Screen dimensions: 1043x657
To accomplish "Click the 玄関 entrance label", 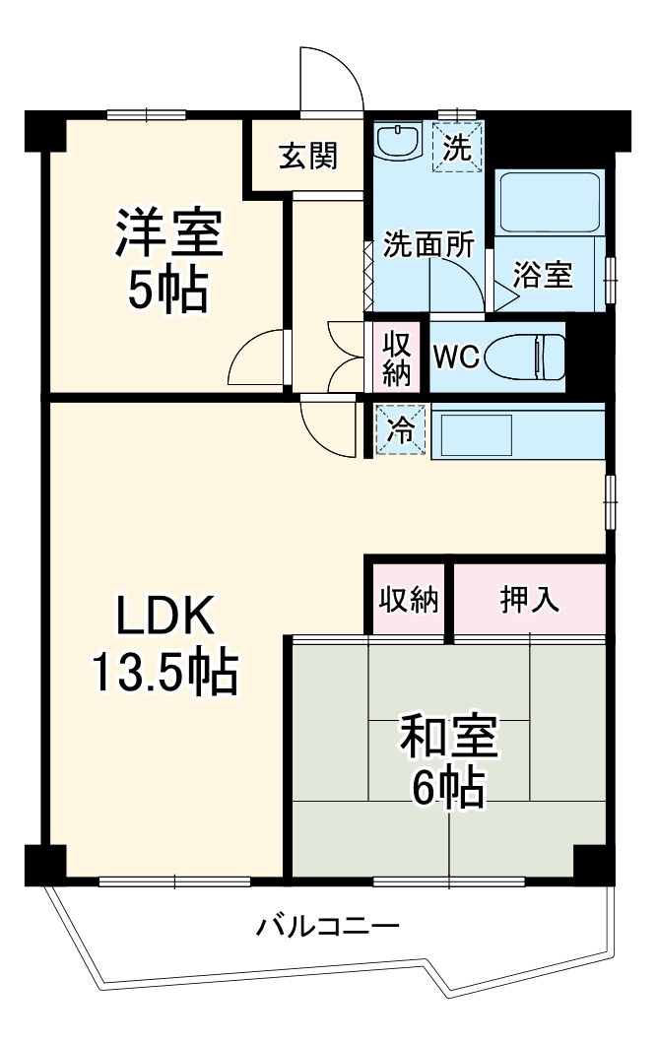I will pyautogui.click(x=307, y=156).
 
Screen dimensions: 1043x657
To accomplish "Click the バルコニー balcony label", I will pyautogui.click(x=328, y=927).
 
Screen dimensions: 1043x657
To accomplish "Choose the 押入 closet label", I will pyautogui.click(x=529, y=600).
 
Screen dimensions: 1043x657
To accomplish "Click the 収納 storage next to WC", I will pyautogui.click(x=396, y=359).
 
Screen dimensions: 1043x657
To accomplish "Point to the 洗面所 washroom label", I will pyautogui.click(x=428, y=245).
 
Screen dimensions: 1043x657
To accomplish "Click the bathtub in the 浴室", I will pyautogui.click(x=550, y=202).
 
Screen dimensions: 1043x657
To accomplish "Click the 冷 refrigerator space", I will pyautogui.click(x=401, y=430).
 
